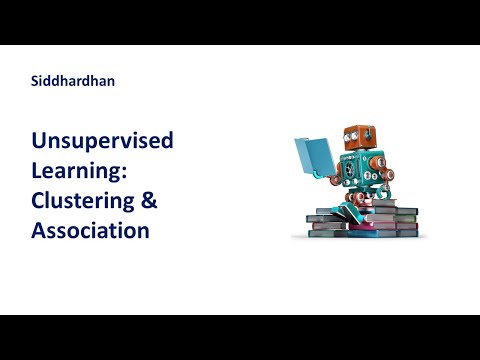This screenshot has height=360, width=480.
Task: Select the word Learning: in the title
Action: coord(79,171)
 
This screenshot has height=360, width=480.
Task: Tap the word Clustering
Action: coord(85,200)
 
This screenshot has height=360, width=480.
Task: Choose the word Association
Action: coord(90,230)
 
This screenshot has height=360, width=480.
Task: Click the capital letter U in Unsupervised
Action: coord(39,141)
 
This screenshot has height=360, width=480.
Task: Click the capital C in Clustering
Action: coord(39,200)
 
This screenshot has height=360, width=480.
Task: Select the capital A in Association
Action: coord(39,230)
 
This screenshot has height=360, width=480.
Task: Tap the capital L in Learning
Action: coord(37,171)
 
